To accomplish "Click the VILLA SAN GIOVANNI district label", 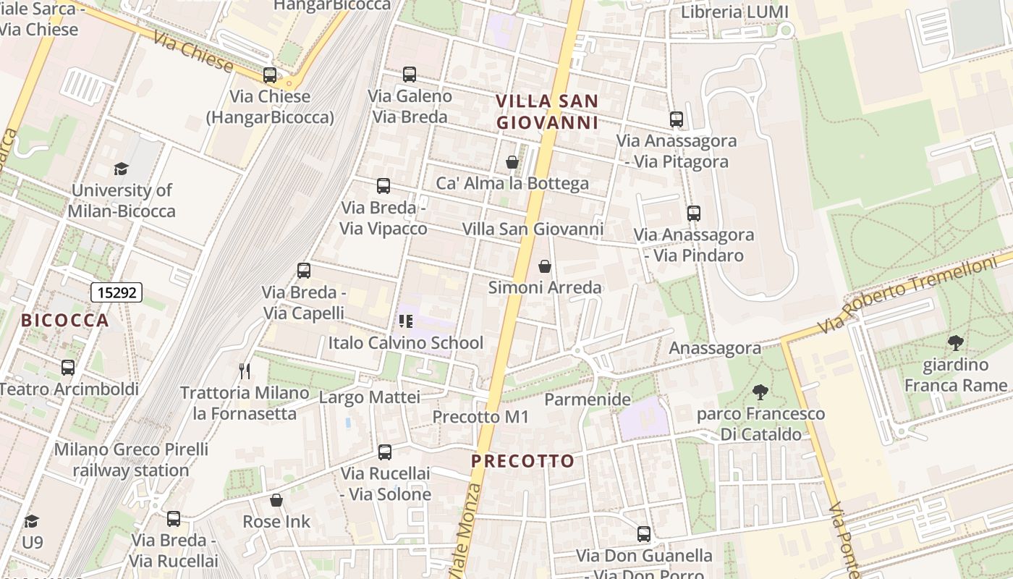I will tap(548, 111).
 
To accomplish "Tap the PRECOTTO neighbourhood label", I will tap(522, 460).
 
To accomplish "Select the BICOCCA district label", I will tap(65, 320).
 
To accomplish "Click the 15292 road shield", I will tap(116, 292).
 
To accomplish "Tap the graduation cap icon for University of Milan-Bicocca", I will tap(121, 169).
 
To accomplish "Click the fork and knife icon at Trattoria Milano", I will tap(245, 371).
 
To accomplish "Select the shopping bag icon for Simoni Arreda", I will tap(545, 266).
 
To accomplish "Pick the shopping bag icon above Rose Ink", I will tap(276, 499).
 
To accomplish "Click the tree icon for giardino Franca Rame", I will tap(955, 343).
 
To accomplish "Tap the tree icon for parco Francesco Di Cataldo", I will tap(760, 392).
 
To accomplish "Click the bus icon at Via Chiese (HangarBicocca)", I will tap(270, 75).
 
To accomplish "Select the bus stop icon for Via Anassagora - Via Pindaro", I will tap(694, 214).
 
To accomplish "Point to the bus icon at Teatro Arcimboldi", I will tap(68, 368).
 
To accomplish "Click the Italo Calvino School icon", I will tap(405, 321).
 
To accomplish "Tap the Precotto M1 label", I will tap(480, 417).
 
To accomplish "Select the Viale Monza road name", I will tap(470, 528).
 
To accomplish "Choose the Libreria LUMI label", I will tap(734, 12).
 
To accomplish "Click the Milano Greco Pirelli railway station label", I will tap(131, 460).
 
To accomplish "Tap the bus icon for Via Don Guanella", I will tap(644, 534).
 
